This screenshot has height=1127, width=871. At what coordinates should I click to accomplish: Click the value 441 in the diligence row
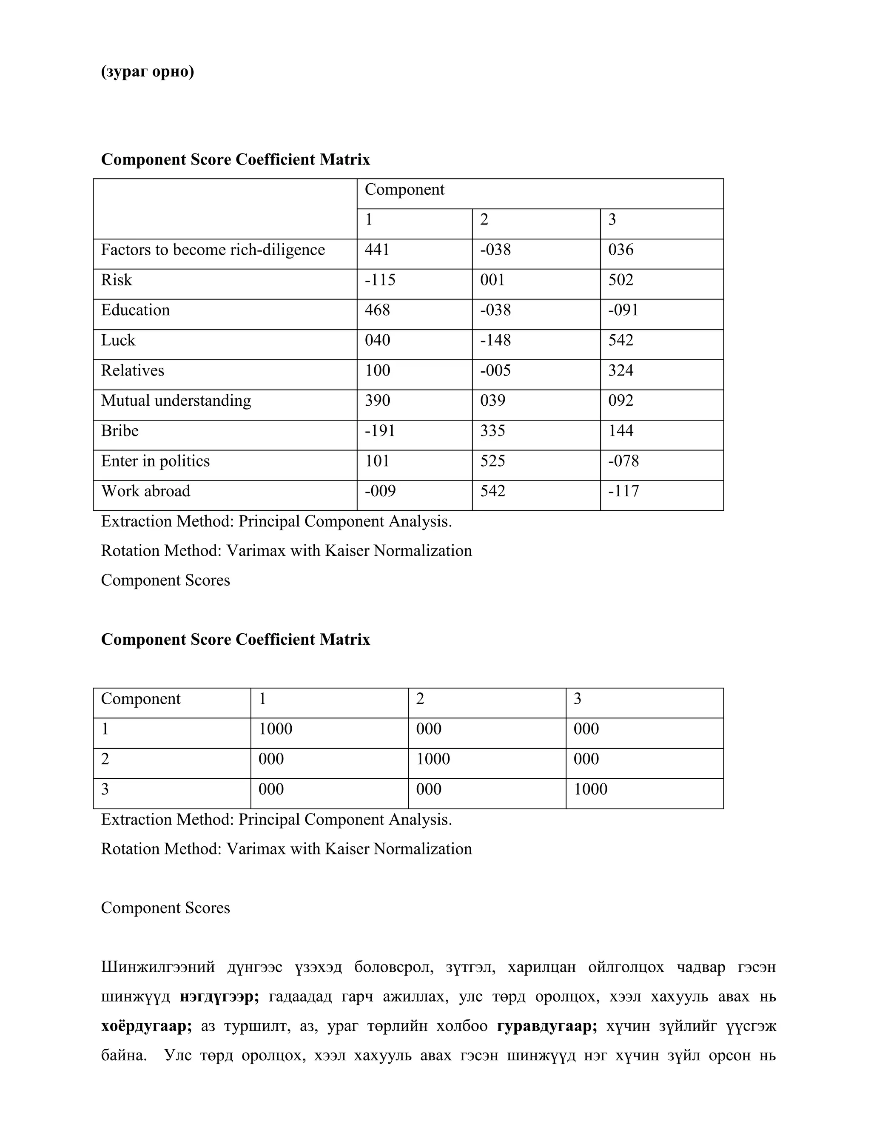click(x=377, y=250)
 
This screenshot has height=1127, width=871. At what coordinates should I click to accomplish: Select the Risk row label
click(x=116, y=280)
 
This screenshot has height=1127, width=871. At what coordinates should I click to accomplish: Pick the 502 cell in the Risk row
click(x=621, y=280)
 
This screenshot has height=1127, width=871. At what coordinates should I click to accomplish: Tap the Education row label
click(x=135, y=310)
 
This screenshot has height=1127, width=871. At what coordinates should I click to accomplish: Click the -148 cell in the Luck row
click(x=495, y=340)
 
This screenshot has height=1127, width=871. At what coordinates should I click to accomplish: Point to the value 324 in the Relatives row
click(x=621, y=370)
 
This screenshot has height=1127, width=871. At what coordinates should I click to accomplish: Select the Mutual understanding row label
click(x=176, y=401)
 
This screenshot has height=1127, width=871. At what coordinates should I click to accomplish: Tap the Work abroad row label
click(x=145, y=491)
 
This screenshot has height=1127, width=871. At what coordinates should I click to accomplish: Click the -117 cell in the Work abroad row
click(x=623, y=491)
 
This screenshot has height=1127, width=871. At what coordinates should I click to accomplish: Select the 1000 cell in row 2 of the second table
click(x=433, y=759)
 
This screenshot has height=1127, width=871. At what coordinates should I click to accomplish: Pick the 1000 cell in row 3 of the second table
click(x=590, y=789)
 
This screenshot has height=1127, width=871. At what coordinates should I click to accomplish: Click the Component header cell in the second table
click(x=140, y=699)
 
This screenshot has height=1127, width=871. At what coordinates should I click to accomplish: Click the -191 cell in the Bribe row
click(x=380, y=430)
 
